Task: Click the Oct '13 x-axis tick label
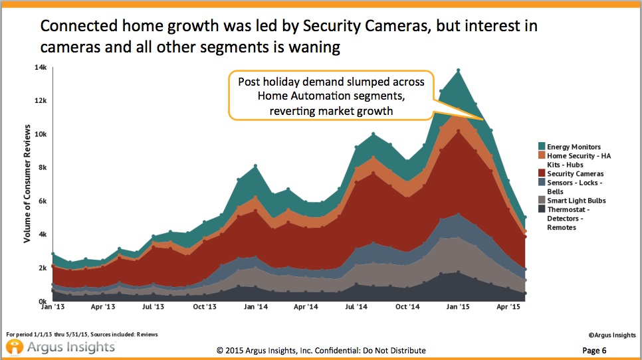tap(203, 308)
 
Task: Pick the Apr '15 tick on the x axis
tap(508, 308)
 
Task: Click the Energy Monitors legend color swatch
tap(542, 147)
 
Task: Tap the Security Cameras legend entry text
tap(576, 174)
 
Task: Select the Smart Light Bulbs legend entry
tap(576, 201)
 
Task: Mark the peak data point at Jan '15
tap(458, 70)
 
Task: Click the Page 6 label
tap(594, 351)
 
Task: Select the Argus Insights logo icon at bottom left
tap(14, 347)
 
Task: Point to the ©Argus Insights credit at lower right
tap(610, 337)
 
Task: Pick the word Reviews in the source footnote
tap(146, 334)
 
